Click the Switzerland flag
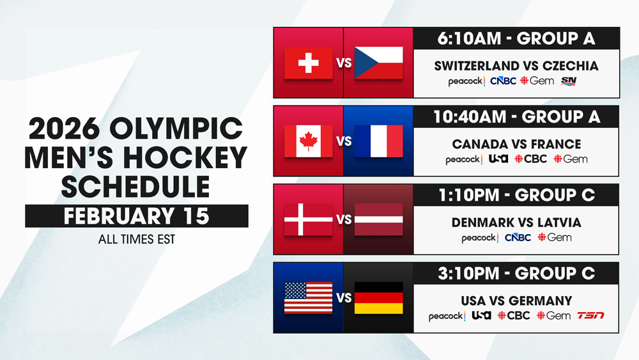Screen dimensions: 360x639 tap(309, 63)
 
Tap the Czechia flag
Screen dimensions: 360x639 tap(379, 63)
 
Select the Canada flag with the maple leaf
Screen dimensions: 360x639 tap(309, 141)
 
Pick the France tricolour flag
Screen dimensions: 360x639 tap(379, 141)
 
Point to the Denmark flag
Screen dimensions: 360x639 tap(309, 219)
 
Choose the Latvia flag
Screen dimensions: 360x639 tap(379, 219)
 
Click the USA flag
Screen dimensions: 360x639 tap(309, 297)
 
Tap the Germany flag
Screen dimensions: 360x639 tap(379, 297)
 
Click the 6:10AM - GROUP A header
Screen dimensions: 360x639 tap(516, 38)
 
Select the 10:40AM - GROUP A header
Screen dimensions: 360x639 tap(516, 116)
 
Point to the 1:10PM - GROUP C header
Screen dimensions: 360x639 tap(516, 195)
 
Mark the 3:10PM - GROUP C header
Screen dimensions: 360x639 tap(516, 274)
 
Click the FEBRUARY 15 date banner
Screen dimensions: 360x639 tap(137, 216)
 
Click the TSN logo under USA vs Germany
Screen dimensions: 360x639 tap(590, 316)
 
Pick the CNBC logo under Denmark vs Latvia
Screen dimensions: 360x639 tap(518, 238)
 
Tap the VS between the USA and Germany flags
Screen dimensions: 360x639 tap(344, 298)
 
